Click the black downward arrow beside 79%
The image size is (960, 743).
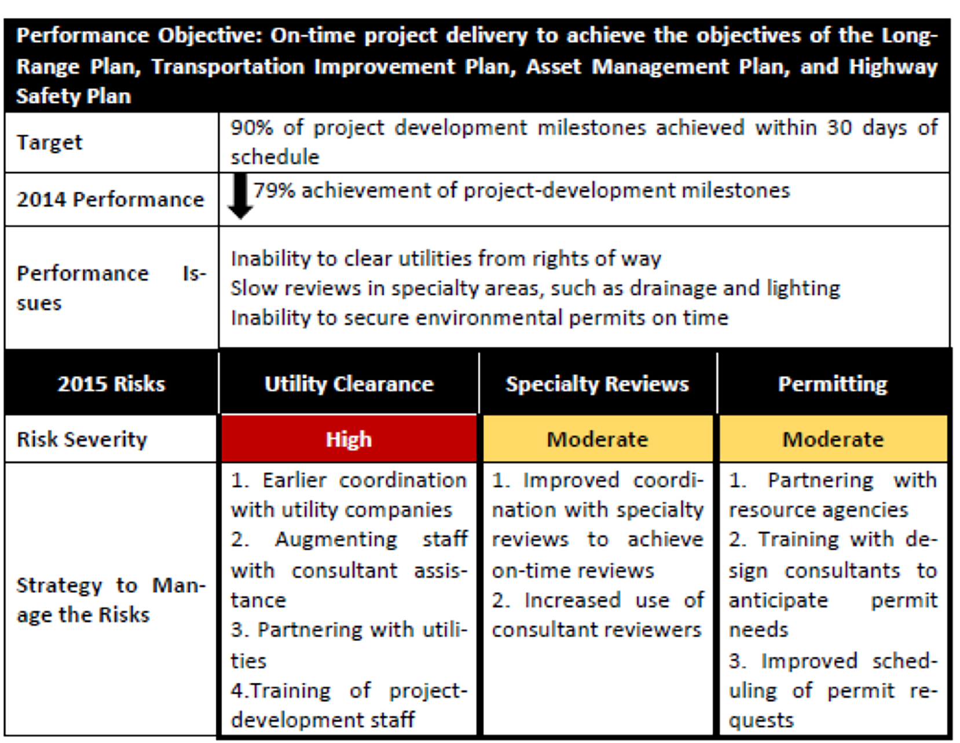click(240, 196)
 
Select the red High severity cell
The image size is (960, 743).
click(349, 438)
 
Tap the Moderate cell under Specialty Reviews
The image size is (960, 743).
click(598, 439)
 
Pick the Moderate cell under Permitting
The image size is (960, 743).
click(833, 439)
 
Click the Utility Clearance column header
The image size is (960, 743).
click(349, 383)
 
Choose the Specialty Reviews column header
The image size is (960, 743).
click(598, 383)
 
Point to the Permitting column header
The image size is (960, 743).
click(833, 383)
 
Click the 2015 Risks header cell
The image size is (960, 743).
click(111, 383)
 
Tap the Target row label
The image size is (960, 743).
click(49, 142)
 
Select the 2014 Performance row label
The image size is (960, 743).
click(111, 199)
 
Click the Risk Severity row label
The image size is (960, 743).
click(82, 439)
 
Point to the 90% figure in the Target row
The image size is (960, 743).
click(251, 127)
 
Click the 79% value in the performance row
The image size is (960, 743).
click(274, 191)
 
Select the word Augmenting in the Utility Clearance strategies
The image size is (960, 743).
click(336, 540)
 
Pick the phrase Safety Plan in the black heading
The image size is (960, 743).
click(74, 96)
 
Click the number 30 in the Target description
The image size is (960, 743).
click(839, 127)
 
